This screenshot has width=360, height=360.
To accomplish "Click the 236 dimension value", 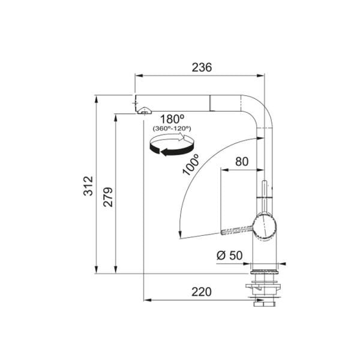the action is point(202,67).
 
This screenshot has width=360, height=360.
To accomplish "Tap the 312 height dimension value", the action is point(88,186).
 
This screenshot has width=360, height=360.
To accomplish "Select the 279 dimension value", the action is point(108,197).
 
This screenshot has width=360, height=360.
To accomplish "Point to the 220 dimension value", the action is point(202,292).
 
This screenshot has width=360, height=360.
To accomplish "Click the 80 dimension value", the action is point(242,161).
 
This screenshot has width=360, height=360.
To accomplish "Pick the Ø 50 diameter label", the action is point(229,256).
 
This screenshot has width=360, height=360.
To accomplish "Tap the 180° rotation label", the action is point(172,119).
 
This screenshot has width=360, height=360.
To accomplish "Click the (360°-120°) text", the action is point(172,128).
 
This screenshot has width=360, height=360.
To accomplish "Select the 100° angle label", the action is point(191,165).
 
